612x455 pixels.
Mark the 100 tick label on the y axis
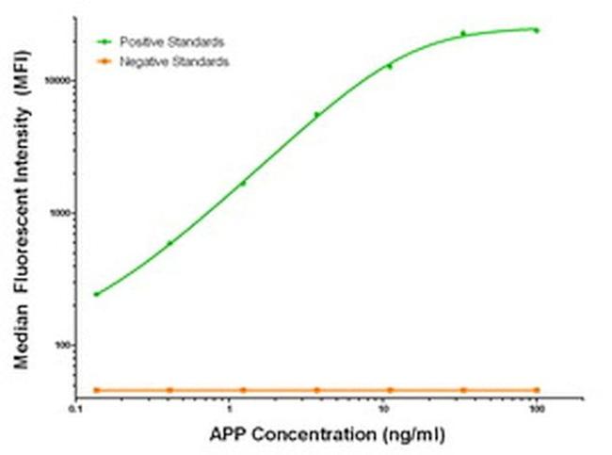[63, 345]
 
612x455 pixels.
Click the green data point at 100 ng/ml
[537, 30]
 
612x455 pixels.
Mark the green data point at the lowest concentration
[96, 294]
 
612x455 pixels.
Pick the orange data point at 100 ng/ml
[537, 389]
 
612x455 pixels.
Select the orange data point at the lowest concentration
[96, 389]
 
